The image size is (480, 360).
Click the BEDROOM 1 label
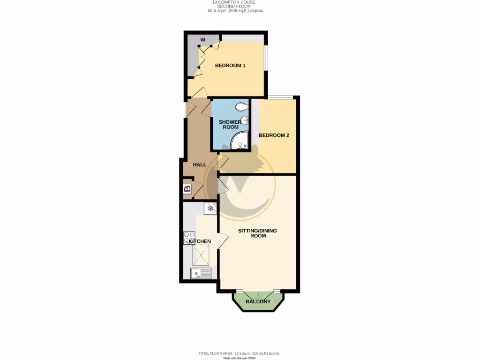[x=230, y=66]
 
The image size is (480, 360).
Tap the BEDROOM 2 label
[x=274, y=135]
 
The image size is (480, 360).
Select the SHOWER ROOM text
[x=231, y=124]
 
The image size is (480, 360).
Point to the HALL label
[x=200, y=165]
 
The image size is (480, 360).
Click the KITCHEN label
[x=200, y=241]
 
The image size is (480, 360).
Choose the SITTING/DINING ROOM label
[x=257, y=233]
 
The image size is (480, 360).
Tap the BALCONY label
[x=258, y=301]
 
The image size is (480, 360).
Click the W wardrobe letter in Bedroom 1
[x=203, y=39]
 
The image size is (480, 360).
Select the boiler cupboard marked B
[x=187, y=189]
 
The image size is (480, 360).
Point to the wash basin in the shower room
[x=245, y=120]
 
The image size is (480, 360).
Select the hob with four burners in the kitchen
[x=189, y=238]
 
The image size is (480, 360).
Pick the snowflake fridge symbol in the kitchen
[x=210, y=208]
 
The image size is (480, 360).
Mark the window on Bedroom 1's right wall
[x=266, y=57]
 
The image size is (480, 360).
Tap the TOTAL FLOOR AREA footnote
[x=240, y=353]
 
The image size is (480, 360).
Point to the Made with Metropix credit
[x=240, y=358]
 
